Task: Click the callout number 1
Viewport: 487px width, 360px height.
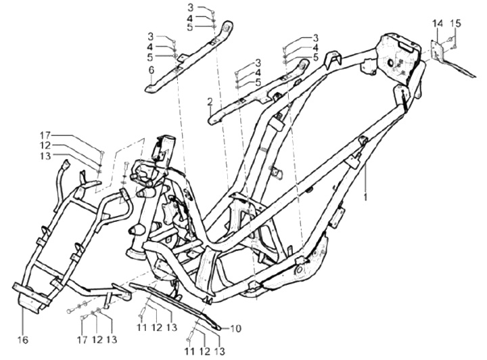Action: point(367,197)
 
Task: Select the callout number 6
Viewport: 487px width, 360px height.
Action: point(152,69)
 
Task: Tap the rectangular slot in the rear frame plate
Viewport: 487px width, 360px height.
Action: point(407,47)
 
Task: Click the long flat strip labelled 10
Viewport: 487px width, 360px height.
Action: point(183,305)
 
